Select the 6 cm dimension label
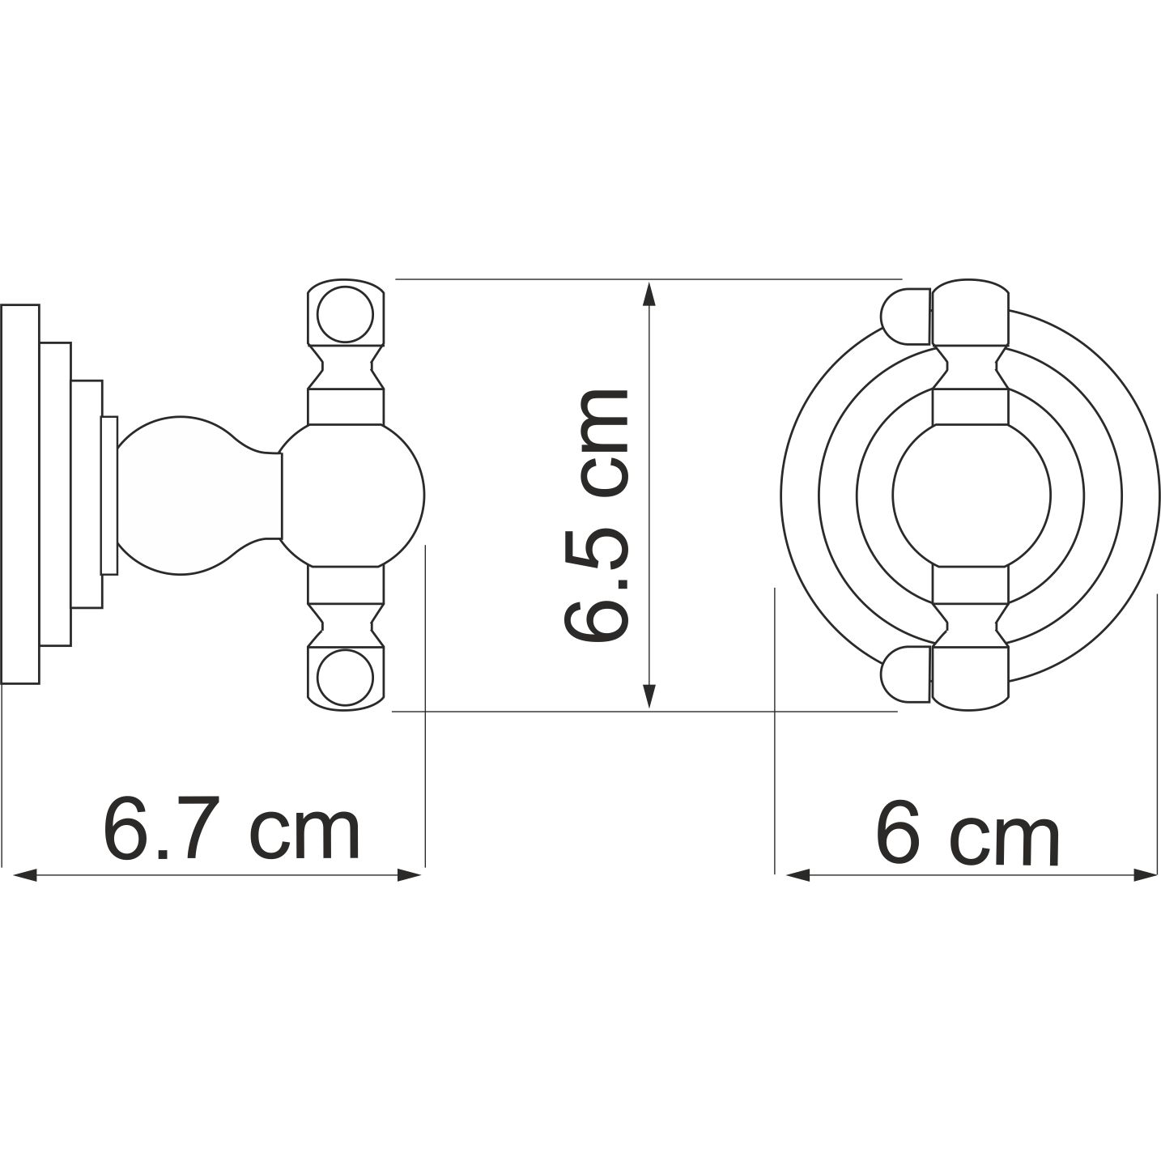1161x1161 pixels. pyautogui.click(x=967, y=831)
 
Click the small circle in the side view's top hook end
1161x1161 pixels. pyautogui.click(x=345, y=313)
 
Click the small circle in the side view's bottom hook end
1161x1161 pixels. pyautogui.click(x=345, y=678)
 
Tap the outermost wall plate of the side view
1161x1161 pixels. pyautogui.click(x=20, y=495)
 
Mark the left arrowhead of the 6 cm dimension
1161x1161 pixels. pyautogui.click(x=794, y=874)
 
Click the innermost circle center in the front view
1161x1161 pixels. pyautogui.click(x=971, y=495)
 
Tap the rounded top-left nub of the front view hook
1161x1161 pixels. pyautogui.click(x=904, y=315)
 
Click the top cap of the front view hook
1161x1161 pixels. pyautogui.click(x=970, y=313)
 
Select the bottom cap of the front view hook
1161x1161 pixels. pyautogui.click(x=970, y=678)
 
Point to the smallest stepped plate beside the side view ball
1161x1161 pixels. pyautogui.click(x=109, y=495)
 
